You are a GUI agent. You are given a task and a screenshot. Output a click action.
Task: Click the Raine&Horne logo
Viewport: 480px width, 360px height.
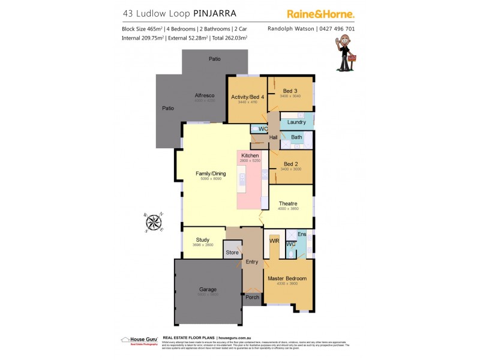[x=320, y=13]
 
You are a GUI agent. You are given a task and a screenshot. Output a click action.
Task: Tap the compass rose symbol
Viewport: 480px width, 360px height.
[x=154, y=223]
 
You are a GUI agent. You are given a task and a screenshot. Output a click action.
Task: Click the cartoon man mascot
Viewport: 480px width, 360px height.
[x=344, y=53]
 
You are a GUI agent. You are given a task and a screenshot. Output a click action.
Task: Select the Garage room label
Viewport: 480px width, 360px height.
[x=208, y=290]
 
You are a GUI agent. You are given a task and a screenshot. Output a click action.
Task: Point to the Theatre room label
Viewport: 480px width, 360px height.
[x=287, y=203]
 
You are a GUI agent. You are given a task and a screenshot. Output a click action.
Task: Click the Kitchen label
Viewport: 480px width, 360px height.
[x=250, y=155]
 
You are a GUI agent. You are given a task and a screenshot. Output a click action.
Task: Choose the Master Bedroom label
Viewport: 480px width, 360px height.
[x=287, y=278]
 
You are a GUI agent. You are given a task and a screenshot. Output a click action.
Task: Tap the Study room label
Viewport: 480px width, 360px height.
[x=203, y=239]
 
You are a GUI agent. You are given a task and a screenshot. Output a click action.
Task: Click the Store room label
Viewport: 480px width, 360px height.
[x=232, y=253]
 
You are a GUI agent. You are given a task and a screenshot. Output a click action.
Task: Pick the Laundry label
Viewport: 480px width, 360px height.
[x=296, y=122]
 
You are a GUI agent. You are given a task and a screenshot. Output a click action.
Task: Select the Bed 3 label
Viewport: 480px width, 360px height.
[x=291, y=91]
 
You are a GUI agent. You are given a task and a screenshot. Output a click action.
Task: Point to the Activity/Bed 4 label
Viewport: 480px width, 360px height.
[x=247, y=97]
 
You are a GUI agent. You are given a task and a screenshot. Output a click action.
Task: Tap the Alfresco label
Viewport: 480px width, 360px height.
[x=205, y=95]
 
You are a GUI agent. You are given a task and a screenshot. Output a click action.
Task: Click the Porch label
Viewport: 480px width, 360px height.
[x=252, y=297]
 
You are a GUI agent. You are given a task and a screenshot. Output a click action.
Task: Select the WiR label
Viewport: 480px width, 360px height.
[x=275, y=241]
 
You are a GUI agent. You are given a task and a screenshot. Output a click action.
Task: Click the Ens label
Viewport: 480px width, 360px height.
[x=302, y=233]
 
